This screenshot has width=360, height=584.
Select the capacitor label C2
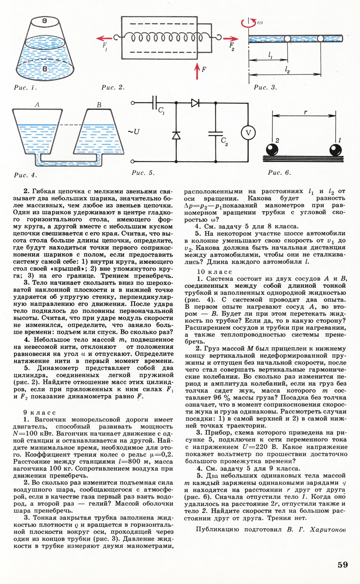224,141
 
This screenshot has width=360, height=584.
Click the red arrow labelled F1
105,38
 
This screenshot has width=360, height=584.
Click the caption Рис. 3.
265,87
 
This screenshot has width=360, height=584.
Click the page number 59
343,565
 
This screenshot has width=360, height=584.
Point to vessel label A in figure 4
37,105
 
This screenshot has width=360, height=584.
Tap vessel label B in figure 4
99,105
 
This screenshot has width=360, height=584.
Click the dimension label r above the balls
305,112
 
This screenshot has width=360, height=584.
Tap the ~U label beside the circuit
134,132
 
